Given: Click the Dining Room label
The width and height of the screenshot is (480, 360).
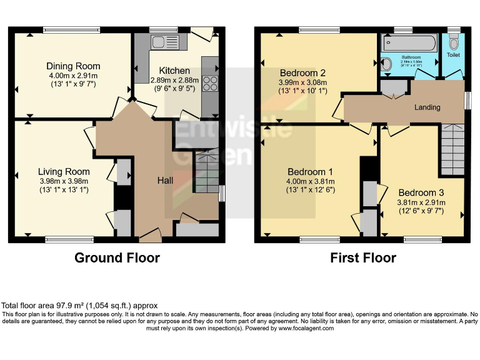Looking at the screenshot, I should tap(72, 66).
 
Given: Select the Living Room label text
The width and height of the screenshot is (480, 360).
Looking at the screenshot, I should tap(64, 171).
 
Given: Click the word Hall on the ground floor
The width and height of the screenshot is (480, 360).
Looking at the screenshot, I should tap(165, 180).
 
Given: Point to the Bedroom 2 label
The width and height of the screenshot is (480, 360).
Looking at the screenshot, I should tap(302, 72).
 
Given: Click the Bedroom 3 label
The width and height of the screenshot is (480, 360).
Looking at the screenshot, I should tap(421, 192).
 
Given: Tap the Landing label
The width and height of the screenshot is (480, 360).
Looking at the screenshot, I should tap(427, 107).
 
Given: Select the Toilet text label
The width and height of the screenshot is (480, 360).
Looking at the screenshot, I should tap(453, 56).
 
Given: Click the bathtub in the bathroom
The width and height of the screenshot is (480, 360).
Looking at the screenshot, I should tap(411, 42).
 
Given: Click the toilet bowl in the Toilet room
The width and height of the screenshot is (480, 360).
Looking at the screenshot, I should tap(454, 41).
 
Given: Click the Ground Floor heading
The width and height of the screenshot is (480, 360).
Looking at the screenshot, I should tap(117, 257).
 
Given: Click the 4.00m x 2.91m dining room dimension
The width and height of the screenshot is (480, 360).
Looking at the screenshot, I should tap(72, 76).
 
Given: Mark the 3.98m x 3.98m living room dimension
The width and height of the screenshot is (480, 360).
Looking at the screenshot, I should tap(64, 181).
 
